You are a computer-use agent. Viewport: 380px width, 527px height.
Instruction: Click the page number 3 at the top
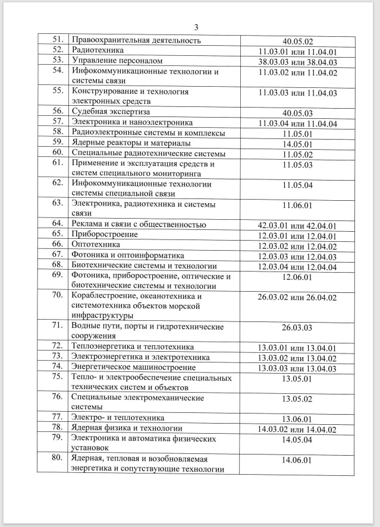196,27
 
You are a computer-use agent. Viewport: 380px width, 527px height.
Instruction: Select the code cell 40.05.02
298,41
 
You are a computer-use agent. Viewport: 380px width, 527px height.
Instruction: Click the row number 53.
58,61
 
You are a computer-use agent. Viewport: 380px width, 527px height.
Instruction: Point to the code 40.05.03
298,113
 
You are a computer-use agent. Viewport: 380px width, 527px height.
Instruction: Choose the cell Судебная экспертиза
111,112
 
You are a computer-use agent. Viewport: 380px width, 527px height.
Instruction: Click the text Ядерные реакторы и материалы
131,143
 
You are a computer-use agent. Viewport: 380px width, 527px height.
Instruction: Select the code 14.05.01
298,144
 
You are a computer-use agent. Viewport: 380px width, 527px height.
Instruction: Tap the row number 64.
58,224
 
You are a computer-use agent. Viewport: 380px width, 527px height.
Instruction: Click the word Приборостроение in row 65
105,235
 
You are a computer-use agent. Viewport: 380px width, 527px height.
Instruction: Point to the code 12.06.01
298,277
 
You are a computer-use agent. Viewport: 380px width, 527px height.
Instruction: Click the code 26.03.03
298,327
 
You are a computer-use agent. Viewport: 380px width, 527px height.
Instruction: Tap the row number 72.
58,346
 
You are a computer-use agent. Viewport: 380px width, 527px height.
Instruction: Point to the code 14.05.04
298,440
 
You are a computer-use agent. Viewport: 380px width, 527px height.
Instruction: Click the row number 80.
58,459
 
